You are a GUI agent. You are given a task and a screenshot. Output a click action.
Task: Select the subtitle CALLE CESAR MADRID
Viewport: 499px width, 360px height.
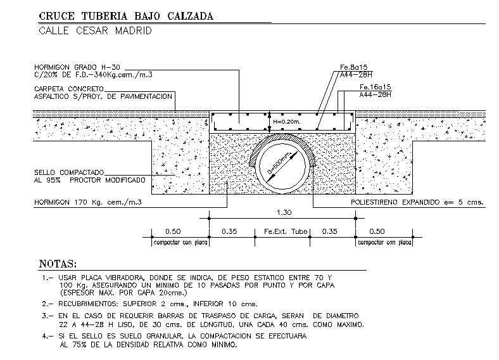pos(96,30)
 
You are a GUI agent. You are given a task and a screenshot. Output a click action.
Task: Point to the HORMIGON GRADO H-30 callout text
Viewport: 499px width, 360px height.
pos(77,67)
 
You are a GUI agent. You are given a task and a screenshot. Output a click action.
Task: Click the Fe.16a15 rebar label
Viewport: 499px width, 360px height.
pos(375,86)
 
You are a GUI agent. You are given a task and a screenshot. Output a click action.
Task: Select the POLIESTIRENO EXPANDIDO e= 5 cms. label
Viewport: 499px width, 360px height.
pos(417,202)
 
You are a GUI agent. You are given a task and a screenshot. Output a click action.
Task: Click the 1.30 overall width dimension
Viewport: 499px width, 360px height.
pos(282,213)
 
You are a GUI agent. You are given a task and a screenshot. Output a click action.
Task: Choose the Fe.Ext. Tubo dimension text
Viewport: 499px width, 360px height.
pos(282,232)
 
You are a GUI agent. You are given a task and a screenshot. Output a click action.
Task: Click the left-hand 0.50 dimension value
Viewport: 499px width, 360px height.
pos(173,232)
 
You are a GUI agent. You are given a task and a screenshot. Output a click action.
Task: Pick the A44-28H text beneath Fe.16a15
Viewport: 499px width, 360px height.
pos(374,94)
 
